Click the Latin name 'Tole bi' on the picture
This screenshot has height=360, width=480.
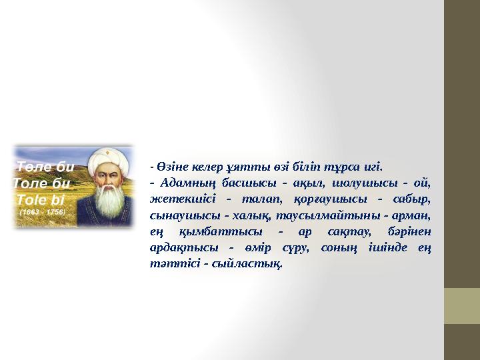pos(41,199)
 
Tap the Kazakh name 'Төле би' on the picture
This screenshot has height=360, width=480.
pos(45,167)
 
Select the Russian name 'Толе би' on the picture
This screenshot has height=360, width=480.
pos(42,183)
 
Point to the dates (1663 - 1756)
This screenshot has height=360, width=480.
pos(42,211)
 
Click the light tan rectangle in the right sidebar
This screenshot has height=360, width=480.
pos(462,306)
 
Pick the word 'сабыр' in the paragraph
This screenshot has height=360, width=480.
pos(414,199)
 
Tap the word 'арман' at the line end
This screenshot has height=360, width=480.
pos(414,215)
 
